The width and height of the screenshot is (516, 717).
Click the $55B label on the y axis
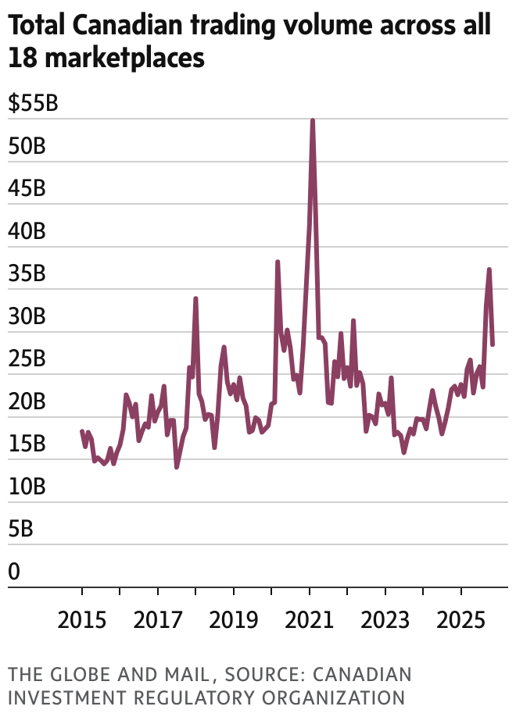(x=33, y=105)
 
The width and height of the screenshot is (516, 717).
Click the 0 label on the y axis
(x=14, y=573)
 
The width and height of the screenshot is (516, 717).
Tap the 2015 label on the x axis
(x=82, y=621)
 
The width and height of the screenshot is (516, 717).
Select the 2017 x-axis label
(x=158, y=621)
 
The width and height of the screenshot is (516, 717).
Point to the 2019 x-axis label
(x=234, y=621)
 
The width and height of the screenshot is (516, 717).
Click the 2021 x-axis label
(x=310, y=621)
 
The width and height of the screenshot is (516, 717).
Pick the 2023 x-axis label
(x=385, y=621)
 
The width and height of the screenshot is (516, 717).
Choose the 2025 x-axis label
(x=461, y=621)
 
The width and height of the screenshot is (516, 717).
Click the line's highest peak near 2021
(x=313, y=121)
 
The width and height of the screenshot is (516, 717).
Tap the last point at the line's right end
(x=493, y=344)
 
